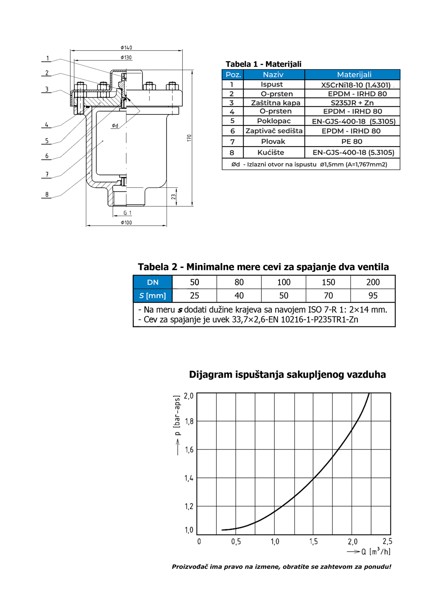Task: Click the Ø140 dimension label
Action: point(126,47)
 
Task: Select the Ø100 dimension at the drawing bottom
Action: point(126,223)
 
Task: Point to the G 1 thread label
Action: point(127,213)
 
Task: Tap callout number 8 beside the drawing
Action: point(47,195)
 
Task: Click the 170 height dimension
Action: point(189,138)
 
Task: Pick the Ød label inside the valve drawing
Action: point(115,126)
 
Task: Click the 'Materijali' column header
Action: point(354,75)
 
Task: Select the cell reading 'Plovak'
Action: point(273,142)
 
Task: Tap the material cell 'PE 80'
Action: point(352,142)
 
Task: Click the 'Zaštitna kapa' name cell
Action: point(275,103)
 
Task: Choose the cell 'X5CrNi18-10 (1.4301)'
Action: point(355,85)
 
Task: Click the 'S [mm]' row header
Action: point(153,296)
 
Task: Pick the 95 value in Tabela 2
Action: point(373,296)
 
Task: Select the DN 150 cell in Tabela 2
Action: point(328,282)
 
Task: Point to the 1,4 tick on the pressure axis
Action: point(189,478)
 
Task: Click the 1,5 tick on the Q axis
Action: point(314,542)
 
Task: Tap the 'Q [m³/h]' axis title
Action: point(376,552)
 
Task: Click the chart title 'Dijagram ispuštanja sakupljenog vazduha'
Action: point(287,375)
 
